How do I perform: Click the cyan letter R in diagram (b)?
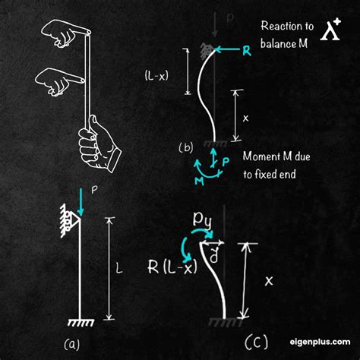point(247,51)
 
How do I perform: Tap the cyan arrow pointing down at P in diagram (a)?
point(81,202)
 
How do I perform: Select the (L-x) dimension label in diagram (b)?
point(156,75)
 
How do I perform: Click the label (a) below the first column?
point(72,345)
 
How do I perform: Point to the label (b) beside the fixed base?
point(186,147)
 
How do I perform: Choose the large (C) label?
point(256,342)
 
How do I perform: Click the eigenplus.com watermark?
point(321,342)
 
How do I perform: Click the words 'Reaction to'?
point(287,26)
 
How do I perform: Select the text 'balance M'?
point(284,43)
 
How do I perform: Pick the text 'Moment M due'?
point(276,156)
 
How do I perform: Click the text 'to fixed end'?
point(270,174)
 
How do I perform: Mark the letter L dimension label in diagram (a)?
point(119,268)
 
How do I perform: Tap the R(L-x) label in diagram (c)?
point(172,267)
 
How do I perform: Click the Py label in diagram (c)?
point(202,219)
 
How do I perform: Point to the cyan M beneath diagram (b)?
point(200,181)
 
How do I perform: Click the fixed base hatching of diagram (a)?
point(81,323)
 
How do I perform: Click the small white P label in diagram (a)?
point(94,190)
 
